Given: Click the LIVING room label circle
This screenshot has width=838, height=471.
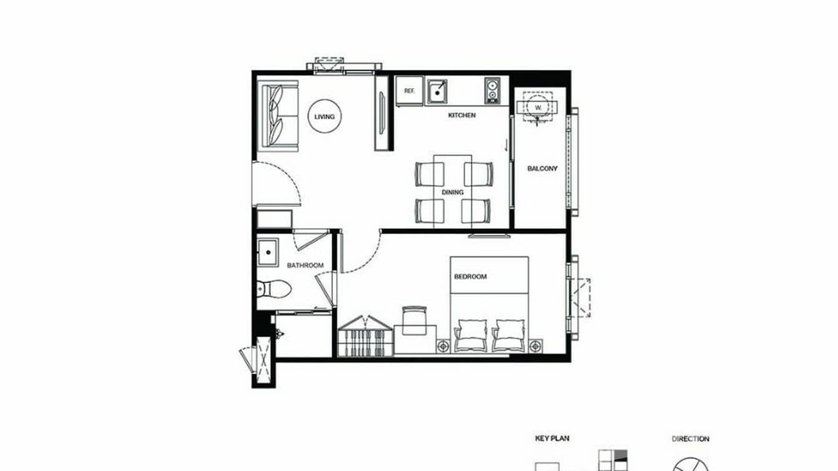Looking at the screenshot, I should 325,117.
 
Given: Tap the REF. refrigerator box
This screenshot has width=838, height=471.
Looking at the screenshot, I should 410,91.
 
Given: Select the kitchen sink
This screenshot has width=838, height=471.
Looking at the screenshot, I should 437,91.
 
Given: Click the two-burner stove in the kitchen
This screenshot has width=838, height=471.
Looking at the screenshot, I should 493,91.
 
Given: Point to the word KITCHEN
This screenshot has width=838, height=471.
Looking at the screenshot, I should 462,116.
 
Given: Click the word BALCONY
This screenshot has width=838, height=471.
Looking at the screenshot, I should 542,169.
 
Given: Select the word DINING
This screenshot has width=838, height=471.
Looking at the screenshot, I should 453,193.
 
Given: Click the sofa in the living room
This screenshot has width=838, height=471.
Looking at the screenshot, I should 279,117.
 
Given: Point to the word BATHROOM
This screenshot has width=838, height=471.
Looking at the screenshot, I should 305,265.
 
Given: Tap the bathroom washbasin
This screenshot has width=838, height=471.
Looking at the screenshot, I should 269,252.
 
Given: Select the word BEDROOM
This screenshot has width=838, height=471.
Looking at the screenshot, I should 470,277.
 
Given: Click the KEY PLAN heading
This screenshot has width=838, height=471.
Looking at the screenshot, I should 552,439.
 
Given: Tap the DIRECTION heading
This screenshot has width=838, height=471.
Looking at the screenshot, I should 690,439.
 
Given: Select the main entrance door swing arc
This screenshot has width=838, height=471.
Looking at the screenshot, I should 284,181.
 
